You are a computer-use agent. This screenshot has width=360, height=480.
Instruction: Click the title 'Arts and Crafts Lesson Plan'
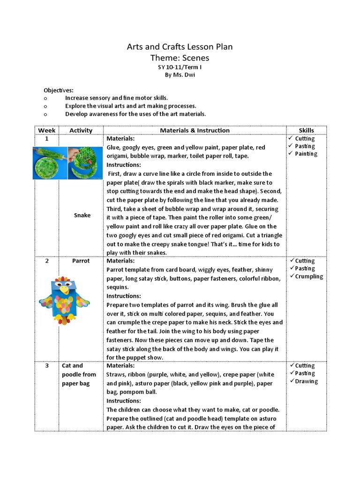click(x=180, y=47)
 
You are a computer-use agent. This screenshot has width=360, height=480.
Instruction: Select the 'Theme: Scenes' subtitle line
click(x=180, y=58)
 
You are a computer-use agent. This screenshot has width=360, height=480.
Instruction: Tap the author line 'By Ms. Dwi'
click(x=180, y=76)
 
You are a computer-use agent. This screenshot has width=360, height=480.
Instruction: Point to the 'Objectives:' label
click(x=59, y=90)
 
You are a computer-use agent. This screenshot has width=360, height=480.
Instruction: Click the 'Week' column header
click(x=47, y=130)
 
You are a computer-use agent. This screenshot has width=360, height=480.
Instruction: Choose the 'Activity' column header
click(x=81, y=130)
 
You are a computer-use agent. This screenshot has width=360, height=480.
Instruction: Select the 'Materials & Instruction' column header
click(x=195, y=130)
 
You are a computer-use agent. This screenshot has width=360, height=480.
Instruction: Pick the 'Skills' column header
click(x=307, y=130)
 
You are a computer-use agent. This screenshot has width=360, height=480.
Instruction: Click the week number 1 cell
click(x=47, y=139)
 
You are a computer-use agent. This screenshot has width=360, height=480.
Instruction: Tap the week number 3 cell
click(x=47, y=366)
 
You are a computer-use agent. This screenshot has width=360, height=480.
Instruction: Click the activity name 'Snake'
click(x=82, y=215)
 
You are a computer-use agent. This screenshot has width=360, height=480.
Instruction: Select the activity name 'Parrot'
click(x=81, y=261)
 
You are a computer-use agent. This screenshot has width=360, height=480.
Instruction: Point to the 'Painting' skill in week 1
click(x=306, y=154)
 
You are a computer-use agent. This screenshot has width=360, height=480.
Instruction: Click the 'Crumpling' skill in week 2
click(x=309, y=276)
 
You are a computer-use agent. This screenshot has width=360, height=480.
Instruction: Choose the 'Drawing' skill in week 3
click(x=306, y=381)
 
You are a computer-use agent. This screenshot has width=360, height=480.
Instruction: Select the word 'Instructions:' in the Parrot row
click(x=124, y=296)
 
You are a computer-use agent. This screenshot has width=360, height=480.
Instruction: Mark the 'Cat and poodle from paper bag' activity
click(x=78, y=375)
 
